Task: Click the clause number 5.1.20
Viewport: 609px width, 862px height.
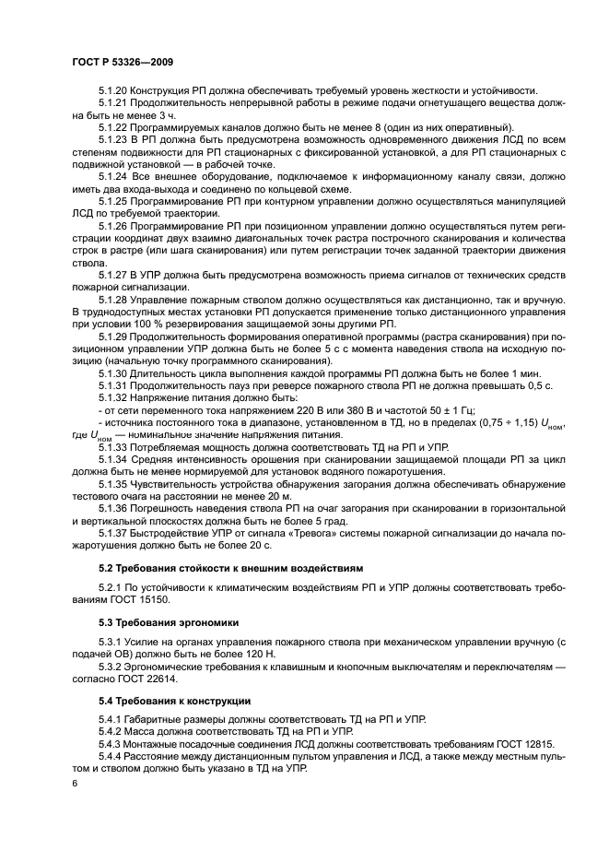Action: click(x=112, y=90)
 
